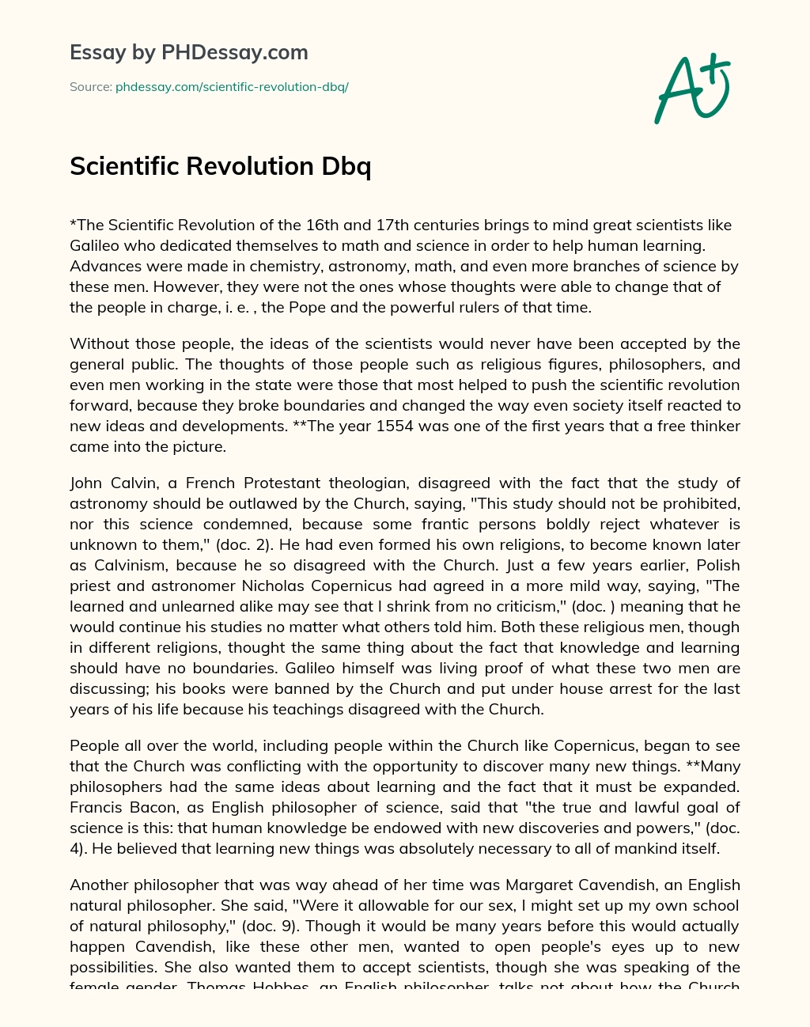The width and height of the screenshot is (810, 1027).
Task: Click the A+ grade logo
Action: pyautogui.click(x=691, y=89)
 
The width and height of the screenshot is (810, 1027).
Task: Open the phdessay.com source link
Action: pyautogui.click(x=232, y=87)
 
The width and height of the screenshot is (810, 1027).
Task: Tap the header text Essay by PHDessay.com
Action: pyautogui.click(x=189, y=53)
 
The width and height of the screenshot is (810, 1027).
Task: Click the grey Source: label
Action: pyautogui.click(x=90, y=87)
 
